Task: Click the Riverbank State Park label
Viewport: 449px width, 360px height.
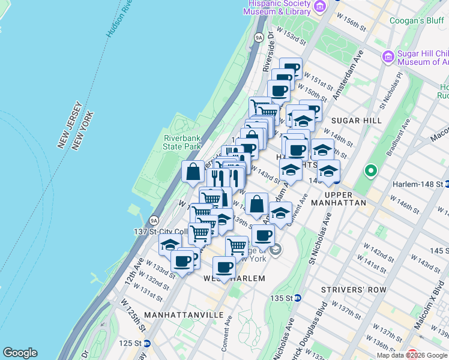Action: (x=182, y=142)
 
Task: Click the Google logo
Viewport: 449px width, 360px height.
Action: (x=20, y=353)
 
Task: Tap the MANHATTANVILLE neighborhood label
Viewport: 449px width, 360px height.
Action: (x=175, y=314)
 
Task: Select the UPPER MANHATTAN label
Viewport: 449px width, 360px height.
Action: (x=345, y=199)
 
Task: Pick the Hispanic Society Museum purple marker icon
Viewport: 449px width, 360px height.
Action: (x=320, y=7)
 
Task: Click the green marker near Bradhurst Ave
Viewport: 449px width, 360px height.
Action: (x=371, y=172)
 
